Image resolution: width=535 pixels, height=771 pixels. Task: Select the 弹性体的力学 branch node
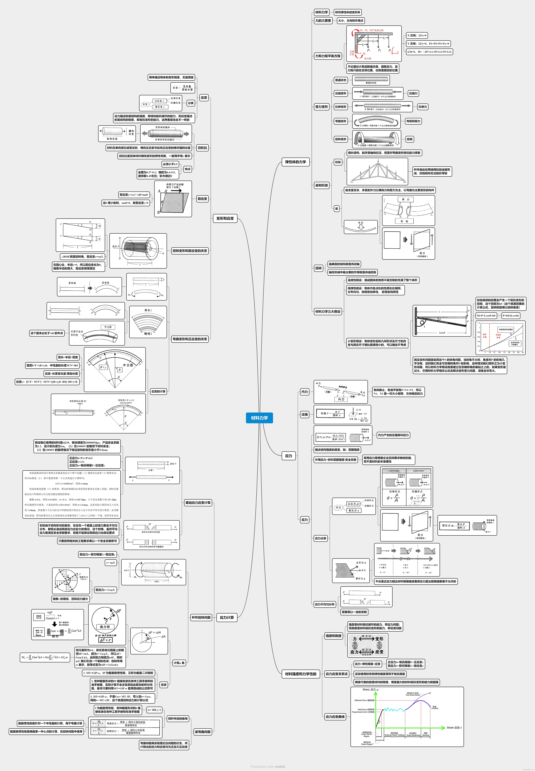295,162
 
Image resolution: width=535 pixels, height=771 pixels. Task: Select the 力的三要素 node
323,20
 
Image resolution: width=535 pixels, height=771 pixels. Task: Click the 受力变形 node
321,107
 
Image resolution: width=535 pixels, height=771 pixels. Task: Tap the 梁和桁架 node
321,185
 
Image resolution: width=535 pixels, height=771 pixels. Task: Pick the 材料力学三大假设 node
328,311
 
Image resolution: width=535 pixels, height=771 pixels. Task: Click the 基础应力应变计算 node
198,502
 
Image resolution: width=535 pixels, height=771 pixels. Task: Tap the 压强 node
304,415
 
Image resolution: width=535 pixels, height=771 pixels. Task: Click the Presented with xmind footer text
267,767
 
